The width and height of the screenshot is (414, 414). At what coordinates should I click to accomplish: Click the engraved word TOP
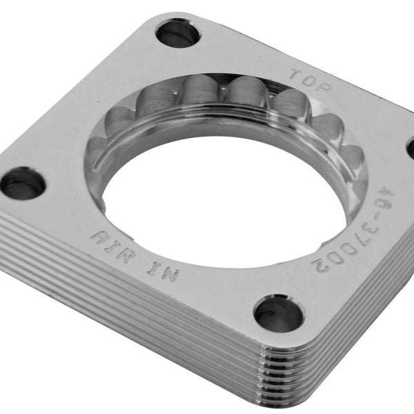pyautogui.click(x=310, y=80)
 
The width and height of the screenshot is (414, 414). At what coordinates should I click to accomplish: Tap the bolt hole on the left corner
pyautogui.click(x=23, y=183)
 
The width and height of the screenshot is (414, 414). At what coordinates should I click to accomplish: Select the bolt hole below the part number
pyautogui.click(x=279, y=313)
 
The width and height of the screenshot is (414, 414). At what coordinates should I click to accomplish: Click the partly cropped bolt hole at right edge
pyautogui.click(x=410, y=146)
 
